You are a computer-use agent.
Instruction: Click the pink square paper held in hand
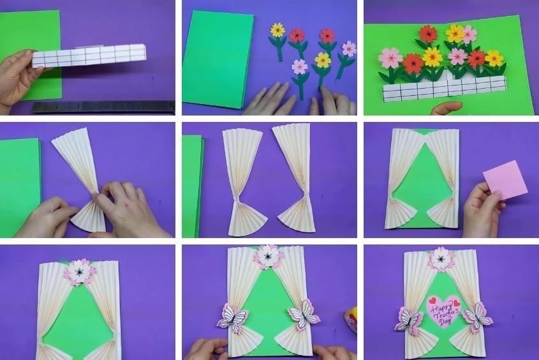505,180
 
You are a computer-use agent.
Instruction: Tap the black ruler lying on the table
104,107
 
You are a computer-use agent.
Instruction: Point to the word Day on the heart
446,322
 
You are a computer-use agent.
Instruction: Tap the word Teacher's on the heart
446,314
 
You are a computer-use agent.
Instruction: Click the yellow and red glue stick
351,320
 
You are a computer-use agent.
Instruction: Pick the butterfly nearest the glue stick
304,313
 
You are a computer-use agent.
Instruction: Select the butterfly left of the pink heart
409,320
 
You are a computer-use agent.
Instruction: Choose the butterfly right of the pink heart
478,317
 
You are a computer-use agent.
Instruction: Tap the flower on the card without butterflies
80,272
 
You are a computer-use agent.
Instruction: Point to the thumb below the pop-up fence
446,108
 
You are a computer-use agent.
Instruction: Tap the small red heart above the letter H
432,299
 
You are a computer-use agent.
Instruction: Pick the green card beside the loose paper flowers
218,59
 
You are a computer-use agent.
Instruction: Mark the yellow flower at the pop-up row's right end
494,59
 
